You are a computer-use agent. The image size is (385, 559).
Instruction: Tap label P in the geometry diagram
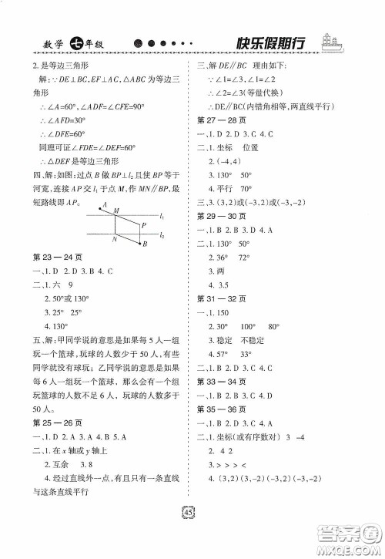tap(143, 224)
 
